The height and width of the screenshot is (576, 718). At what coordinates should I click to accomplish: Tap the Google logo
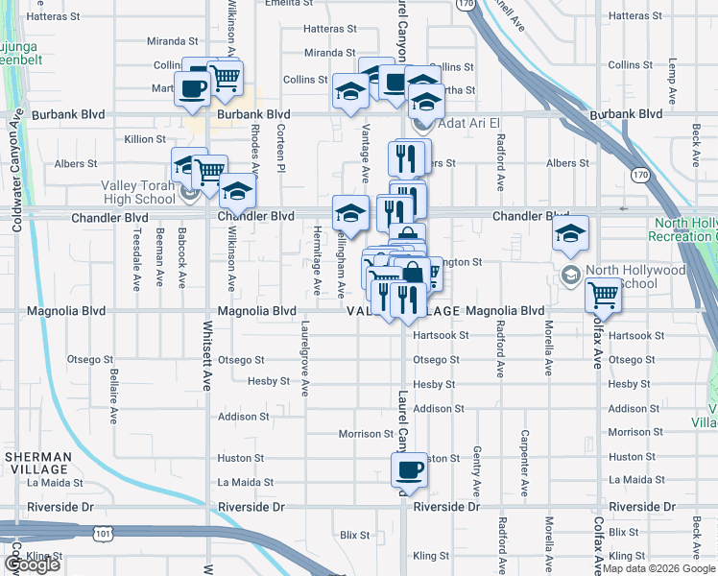coord(32,564)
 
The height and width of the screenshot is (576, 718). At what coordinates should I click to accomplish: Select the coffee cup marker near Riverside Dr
coord(409,471)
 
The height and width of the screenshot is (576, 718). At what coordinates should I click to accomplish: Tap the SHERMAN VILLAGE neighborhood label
coord(37,463)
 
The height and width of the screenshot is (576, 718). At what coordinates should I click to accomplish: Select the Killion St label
coord(145,139)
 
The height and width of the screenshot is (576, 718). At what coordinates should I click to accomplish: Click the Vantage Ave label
coord(366,154)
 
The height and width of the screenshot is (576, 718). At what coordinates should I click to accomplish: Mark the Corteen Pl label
coord(280,149)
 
